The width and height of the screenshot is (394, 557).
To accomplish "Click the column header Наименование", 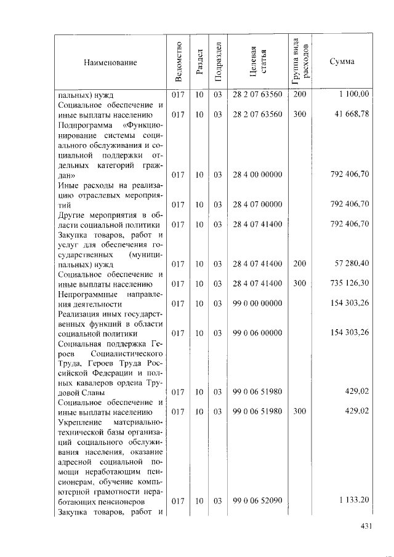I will [x=111, y=62].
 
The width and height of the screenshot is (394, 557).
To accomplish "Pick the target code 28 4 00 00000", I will [x=257, y=175].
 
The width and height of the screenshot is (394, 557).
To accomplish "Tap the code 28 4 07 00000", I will [x=257, y=204].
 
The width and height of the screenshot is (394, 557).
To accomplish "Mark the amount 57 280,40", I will [x=350, y=264].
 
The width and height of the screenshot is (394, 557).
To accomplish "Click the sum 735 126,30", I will [x=348, y=284].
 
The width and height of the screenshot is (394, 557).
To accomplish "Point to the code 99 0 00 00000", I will [x=257, y=303].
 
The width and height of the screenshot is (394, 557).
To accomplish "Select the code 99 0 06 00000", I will [x=257, y=333].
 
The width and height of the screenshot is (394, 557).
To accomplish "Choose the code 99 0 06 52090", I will [x=257, y=501].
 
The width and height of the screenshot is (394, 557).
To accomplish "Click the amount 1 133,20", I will [x=353, y=501].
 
